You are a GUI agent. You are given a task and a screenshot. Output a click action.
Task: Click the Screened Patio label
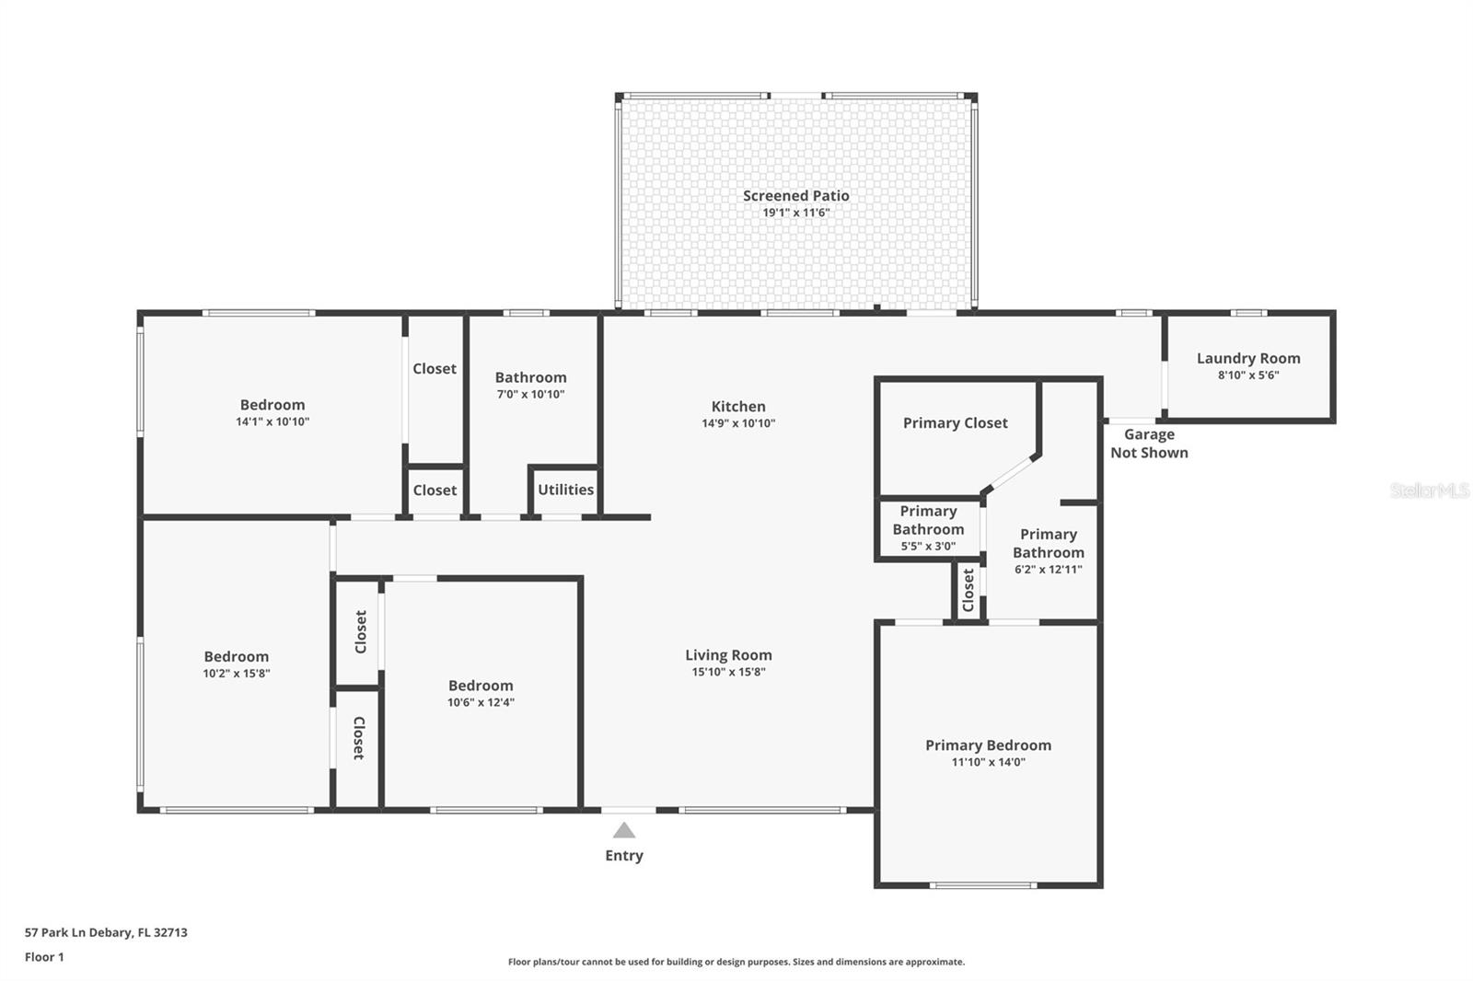coord(795,195)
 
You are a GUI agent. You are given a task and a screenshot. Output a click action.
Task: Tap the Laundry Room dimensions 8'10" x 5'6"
coord(1248,375)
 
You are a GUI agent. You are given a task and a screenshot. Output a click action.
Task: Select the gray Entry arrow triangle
coord(624,831)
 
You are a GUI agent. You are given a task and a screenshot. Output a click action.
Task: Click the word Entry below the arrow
coord(624,856)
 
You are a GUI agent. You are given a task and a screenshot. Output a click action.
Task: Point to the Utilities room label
coord(565,490)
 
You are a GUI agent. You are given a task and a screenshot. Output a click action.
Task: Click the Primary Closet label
coord(955,423)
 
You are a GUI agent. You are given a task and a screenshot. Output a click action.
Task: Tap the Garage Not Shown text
coord(1149,444)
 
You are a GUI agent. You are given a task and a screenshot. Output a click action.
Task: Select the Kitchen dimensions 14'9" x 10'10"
coord(738,423)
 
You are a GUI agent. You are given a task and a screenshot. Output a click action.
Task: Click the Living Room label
coord(728,655)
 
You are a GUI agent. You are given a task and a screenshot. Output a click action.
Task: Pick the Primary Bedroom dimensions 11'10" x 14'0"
coord(988,762)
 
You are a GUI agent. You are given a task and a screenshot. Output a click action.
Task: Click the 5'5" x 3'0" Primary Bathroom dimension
coord(928,546)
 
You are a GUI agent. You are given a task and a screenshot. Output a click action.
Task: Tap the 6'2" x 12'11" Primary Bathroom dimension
coord(1048,570)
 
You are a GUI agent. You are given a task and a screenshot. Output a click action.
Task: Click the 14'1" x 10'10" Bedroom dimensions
coord(273,421)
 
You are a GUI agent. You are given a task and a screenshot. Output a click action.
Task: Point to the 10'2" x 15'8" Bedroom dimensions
coord(237,674)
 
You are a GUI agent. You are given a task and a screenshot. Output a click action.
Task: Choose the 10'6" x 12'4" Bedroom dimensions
coord(481,702)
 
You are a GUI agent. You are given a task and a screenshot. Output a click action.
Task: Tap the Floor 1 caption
coord(44,957)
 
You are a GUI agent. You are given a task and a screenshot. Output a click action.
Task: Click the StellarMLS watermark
coord(1429,490)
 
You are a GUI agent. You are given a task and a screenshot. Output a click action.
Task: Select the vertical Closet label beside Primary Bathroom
coord(968,590)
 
